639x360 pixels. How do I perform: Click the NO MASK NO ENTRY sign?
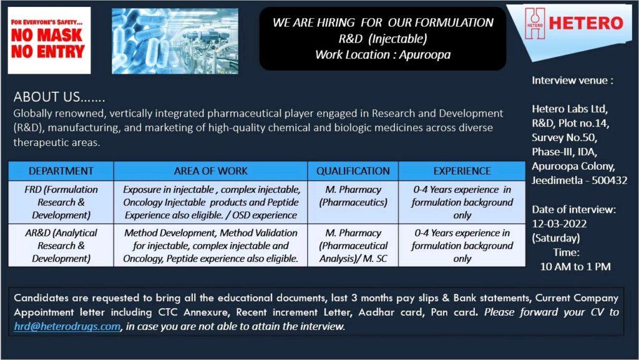click(x=49, y=41)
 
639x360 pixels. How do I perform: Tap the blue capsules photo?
click(x=175, y=41)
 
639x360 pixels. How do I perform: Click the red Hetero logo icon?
click(x=535, y=23)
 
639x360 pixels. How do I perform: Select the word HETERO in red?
click(x=586, y=23)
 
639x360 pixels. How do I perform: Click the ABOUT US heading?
click(x=59, y=97)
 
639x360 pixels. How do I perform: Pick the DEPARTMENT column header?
click(x=61, y=171)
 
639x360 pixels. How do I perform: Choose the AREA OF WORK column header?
click(x=211, y=171)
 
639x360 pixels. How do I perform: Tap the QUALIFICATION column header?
click(x=353, y=171)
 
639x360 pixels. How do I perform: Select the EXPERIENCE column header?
click(x=462, y=171)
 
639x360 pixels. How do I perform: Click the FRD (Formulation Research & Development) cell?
click(x=61, y=202)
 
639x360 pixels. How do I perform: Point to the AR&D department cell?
click(x=61, y=246)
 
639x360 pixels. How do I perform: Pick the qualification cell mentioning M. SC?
click(x=353, y=246)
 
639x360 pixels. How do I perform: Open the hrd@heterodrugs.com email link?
click(x=67, y=326)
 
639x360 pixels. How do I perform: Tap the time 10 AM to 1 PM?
click(x=575, y=267)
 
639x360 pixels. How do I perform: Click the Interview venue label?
click(x=572, y=80)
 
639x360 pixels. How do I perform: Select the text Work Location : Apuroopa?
click(x=383, y=54)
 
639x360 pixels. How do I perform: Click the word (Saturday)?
click(x=556, y=238)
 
